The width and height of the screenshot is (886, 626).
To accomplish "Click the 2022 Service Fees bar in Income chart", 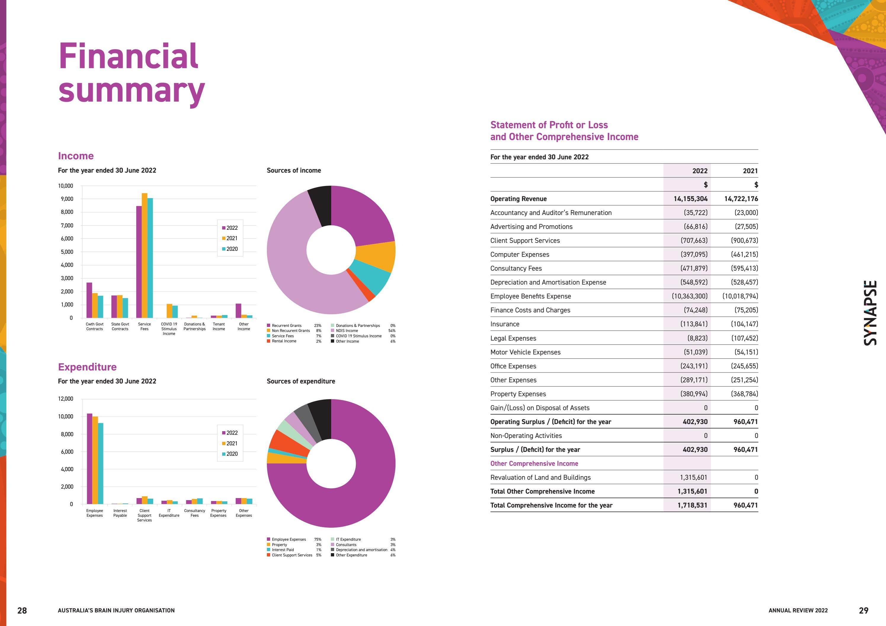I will [x=139, y=262].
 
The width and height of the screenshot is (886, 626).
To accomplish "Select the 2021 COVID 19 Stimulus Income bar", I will [x=169, y=311].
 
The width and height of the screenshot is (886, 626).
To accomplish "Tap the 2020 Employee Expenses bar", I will [x=101, y=463].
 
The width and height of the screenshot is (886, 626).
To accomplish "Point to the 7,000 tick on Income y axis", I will [x=67, y=225].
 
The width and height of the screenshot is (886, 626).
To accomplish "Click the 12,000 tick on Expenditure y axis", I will [x=65, y=399].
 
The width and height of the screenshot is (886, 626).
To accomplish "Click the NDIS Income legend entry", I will [x=347, y=330].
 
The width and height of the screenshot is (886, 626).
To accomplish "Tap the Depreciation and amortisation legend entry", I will [x=361, y=550].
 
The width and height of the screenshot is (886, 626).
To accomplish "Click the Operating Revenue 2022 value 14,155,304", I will [x=690, y=199].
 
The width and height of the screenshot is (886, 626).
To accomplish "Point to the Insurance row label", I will [x=504, y=324].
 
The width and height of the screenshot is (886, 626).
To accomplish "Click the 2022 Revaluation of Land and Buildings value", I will [x=693, y=478].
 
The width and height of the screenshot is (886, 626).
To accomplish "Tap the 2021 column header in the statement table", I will [x=750, y=171].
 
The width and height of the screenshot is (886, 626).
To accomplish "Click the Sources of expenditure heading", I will [x=301, y=381].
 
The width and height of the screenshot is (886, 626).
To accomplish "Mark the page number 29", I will [x=863, y=610].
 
